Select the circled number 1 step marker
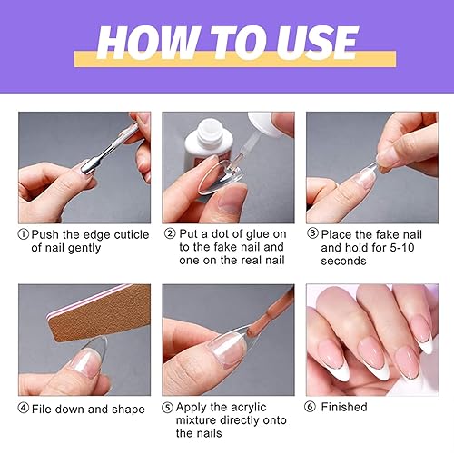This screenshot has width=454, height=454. (25, 234)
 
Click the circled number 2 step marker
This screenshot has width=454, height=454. (169, 234)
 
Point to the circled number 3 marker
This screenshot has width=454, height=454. (312, 234)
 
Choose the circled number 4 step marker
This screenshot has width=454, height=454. (25, 409)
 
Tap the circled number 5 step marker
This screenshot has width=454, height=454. (169, 409)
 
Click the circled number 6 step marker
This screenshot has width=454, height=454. (313, 409)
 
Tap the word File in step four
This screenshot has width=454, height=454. (45, 409)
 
